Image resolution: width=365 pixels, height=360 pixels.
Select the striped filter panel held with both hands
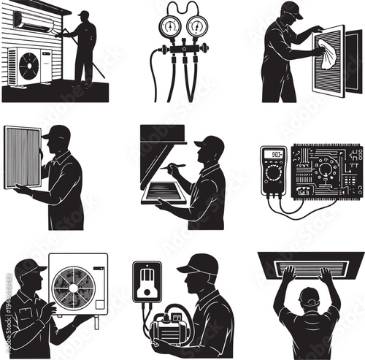pyautogui.click(x=22, y=156)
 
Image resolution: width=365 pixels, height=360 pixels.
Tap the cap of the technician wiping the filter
pyautogui.click(x=291, y=9)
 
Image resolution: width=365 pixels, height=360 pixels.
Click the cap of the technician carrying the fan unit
pyautogui.click(x=29, y=267)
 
